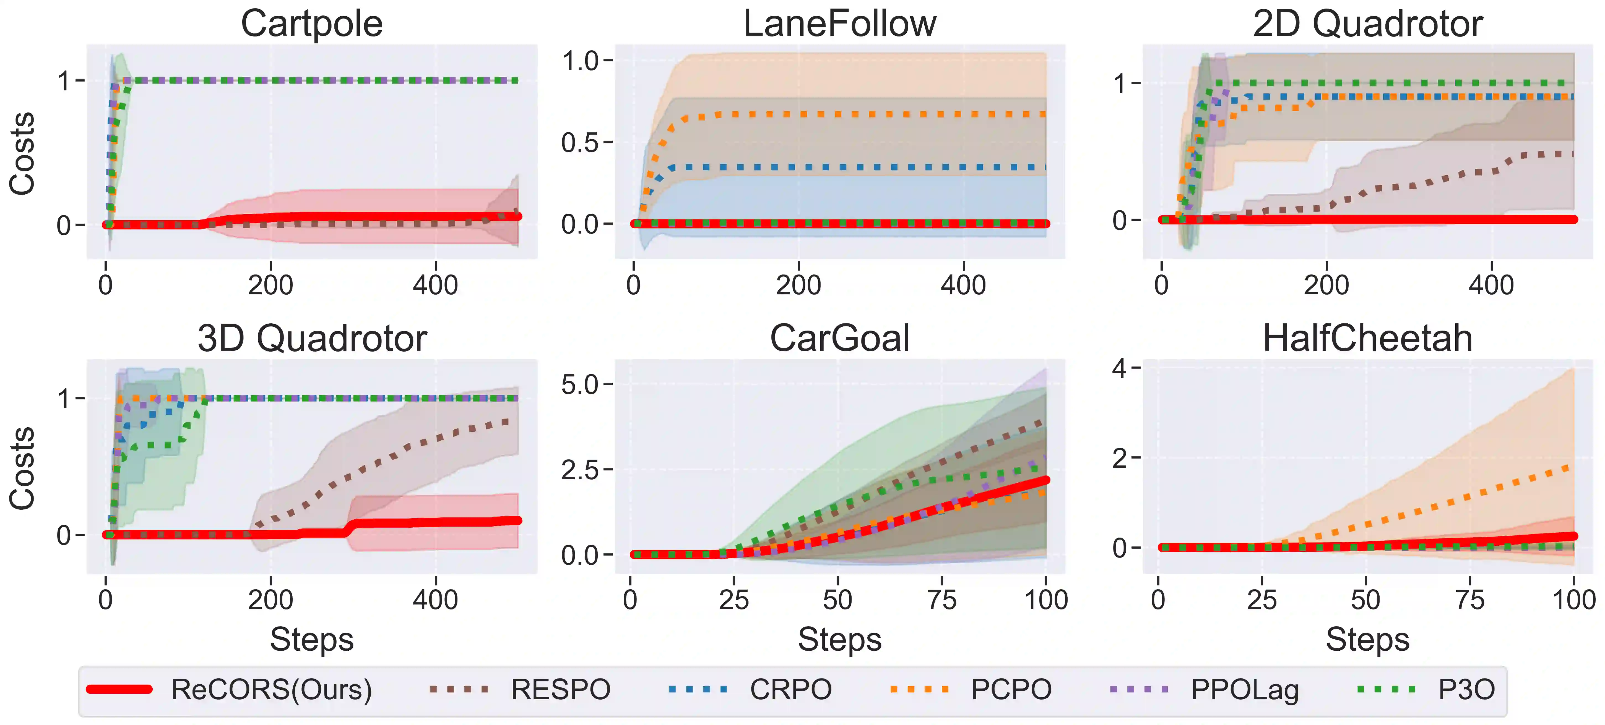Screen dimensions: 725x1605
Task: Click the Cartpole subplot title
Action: pos(311,24)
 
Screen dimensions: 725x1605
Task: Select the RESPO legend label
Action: pos(561,690)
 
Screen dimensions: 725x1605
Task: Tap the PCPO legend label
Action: pos(1011,690)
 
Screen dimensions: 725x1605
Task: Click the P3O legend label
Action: pos(1466,690)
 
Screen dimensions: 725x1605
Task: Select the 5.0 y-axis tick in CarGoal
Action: pos(579,385)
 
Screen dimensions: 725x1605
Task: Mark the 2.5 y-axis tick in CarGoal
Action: pos(579,470)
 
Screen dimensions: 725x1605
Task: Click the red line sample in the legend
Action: pos(120,689)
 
